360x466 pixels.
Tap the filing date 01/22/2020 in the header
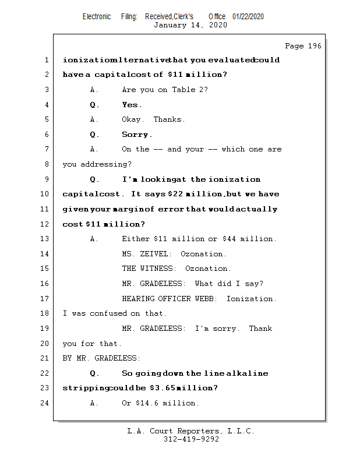[x=248, y=16]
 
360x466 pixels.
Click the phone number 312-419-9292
[x=191, y=439]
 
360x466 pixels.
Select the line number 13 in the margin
[x=45, y=239]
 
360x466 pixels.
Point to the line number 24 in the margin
[x=45, y=403]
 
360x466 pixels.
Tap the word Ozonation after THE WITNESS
[x=208, y=269]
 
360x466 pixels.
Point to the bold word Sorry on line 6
[x=136, y=135]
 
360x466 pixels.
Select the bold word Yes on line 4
[x=130, y=105]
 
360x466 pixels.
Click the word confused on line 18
[x=108, y=313]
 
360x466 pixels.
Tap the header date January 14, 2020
[x=190, y=25]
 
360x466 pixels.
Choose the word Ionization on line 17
[x=251, y=299]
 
